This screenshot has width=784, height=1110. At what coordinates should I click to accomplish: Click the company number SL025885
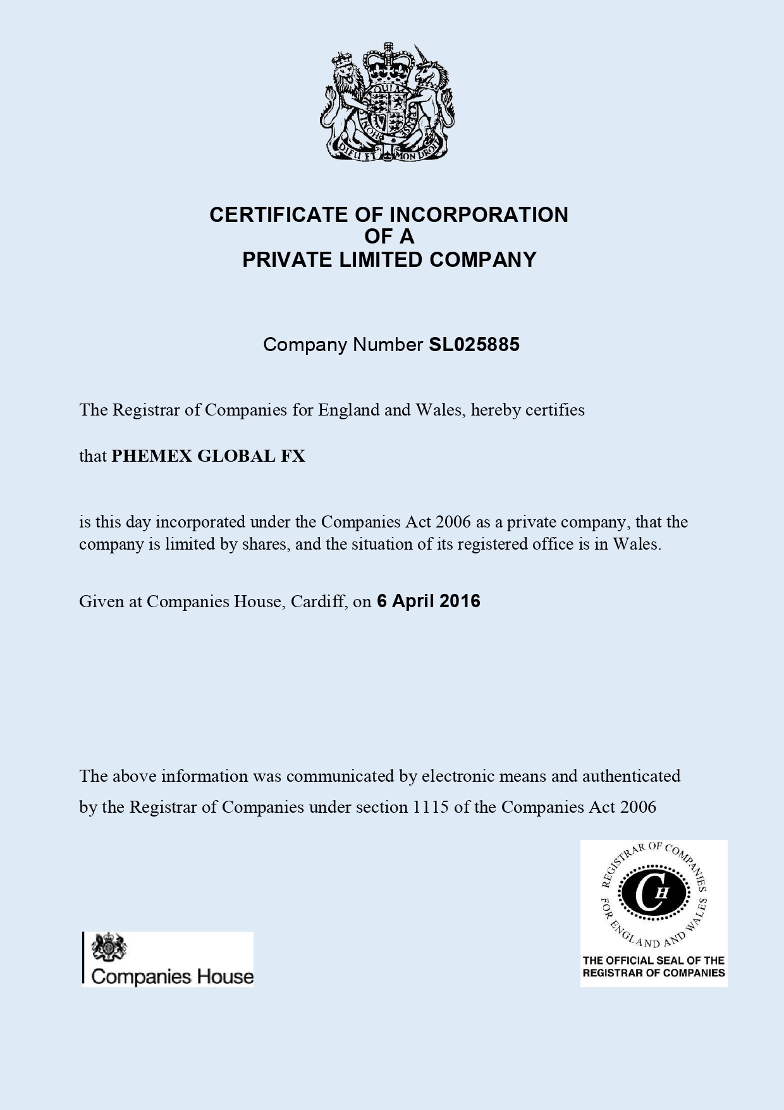click(x=474, y=345)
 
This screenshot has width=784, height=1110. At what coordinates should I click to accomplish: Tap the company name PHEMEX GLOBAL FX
click(x=208, y=456)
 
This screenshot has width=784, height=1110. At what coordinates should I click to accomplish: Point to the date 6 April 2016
click(x=428, y=601)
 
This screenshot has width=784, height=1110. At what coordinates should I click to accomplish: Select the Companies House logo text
click(x=172, y=977)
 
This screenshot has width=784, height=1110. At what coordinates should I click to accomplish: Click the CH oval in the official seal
click(x=653, y=893)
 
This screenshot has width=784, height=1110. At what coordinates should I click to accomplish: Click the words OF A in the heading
click(x=389, y=237)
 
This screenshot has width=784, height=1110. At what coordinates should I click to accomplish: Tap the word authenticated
click(x=631, y=776)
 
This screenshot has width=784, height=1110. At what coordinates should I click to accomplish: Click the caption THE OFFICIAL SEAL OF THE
click(x=653, y=960)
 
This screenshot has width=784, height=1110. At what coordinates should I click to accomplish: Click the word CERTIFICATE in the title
click(x=279, y=215)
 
